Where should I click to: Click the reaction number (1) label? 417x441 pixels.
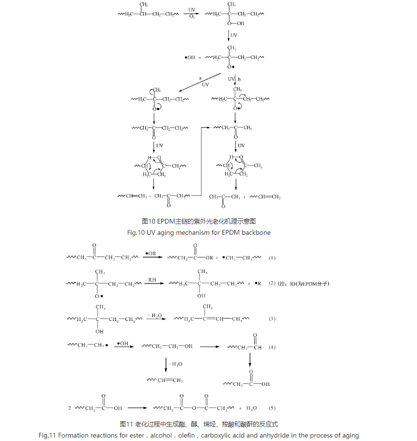point(272,258)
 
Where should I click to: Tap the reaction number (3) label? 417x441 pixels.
point(272,319)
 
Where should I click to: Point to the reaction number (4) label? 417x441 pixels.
point(272,347)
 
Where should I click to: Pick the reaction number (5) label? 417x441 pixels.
point(272,408)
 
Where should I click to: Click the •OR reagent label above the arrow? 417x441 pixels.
point(151,253)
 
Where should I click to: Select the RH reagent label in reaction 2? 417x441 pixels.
point(152,279)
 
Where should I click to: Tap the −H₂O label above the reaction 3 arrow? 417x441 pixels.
point(154,315)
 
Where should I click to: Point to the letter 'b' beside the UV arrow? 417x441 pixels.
point(239,79)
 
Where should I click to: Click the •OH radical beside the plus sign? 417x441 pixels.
point(190,58)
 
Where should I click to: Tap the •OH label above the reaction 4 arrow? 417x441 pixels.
point(123,343)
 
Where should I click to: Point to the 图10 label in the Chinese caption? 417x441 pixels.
point(148,221)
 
